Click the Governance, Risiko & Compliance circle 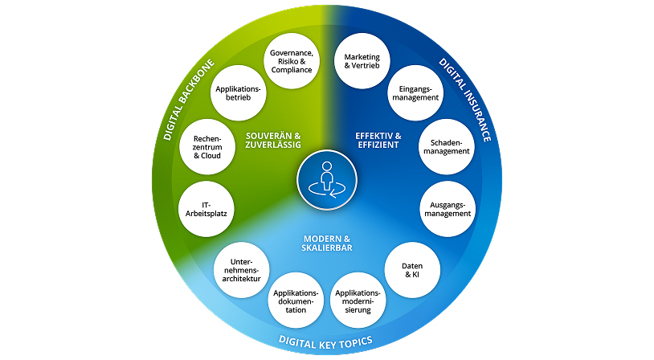(292, 60)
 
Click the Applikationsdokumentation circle (295, 300)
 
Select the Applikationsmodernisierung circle (358, 300)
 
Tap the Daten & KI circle (411, 270)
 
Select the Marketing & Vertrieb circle (361, 60)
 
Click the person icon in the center (326, 174)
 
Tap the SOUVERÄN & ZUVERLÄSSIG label (272, 141)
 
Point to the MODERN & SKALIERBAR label (326, 244)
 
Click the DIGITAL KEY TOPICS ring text (325, 342)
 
